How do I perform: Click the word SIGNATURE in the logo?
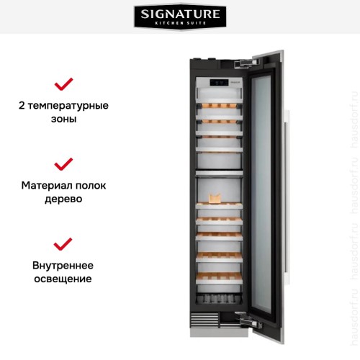(x=179, y=14)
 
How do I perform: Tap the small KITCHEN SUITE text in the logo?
(x=179, y=24)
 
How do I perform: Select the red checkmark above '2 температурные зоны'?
(x=64, y=84)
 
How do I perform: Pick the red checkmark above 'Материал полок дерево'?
(x=64, y=163)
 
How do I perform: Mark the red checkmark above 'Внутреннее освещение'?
(x=64, y=243)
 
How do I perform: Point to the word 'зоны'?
(x=64, y=120)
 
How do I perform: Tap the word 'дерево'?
(x=64, y=199)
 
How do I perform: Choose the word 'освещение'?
(x=64, y=278)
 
